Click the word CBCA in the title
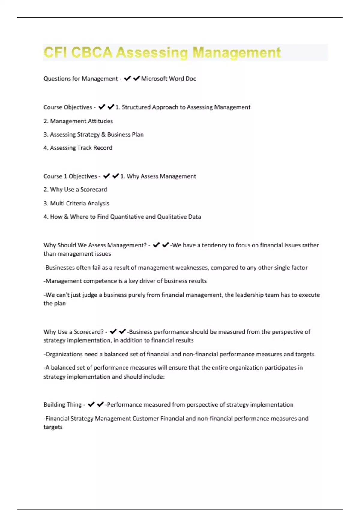click(x=91, y=52)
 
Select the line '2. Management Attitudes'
click(x=78, y=121)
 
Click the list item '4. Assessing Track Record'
click(x=78, y=148)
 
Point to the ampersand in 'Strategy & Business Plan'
click(x=103, y=134)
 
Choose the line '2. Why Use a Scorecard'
click(x=75, y=190)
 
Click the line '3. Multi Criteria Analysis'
click(x=76, y=203)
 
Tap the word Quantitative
click(x=127, y=217)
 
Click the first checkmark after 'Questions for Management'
click(x=127, y=79)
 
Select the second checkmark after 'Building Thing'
click(x=100, y=404)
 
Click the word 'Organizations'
click(x=64, y=354)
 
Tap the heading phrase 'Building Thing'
click(x=62, y=405)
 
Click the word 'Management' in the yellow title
click(x=236, y=52)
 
